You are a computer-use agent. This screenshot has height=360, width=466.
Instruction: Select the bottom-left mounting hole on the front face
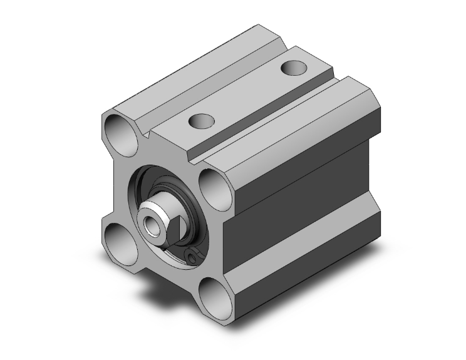click(x=119, y=242)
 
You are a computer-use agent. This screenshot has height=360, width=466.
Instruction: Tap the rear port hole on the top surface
click(x=293, y=66)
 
